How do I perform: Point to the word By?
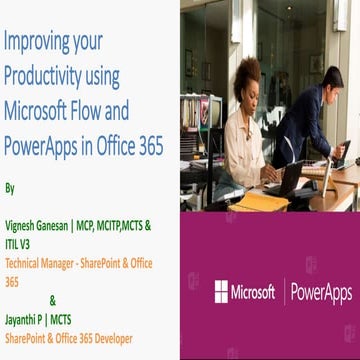[x=10, y=187]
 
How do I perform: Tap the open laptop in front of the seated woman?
[x=290, y=180]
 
